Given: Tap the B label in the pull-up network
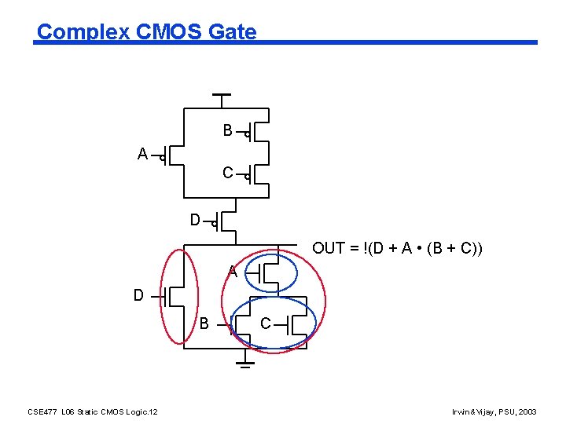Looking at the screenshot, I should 227,131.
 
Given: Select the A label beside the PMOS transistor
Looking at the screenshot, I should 142,155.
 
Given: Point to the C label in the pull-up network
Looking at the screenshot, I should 227,173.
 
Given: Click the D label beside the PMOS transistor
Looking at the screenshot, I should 195,221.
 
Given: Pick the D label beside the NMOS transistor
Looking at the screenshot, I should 138,296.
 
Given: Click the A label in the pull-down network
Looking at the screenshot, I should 233,272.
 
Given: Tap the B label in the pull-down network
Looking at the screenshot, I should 204,323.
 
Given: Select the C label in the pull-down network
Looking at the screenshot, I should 266,323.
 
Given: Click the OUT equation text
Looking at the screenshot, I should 397,249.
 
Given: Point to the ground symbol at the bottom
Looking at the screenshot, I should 246,363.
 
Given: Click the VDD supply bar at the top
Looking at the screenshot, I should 222,95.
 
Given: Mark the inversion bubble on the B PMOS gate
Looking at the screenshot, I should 247,135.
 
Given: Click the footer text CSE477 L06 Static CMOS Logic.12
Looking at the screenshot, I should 92,411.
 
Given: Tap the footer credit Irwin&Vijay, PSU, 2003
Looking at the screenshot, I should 494,411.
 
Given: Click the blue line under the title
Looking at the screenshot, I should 393,42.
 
